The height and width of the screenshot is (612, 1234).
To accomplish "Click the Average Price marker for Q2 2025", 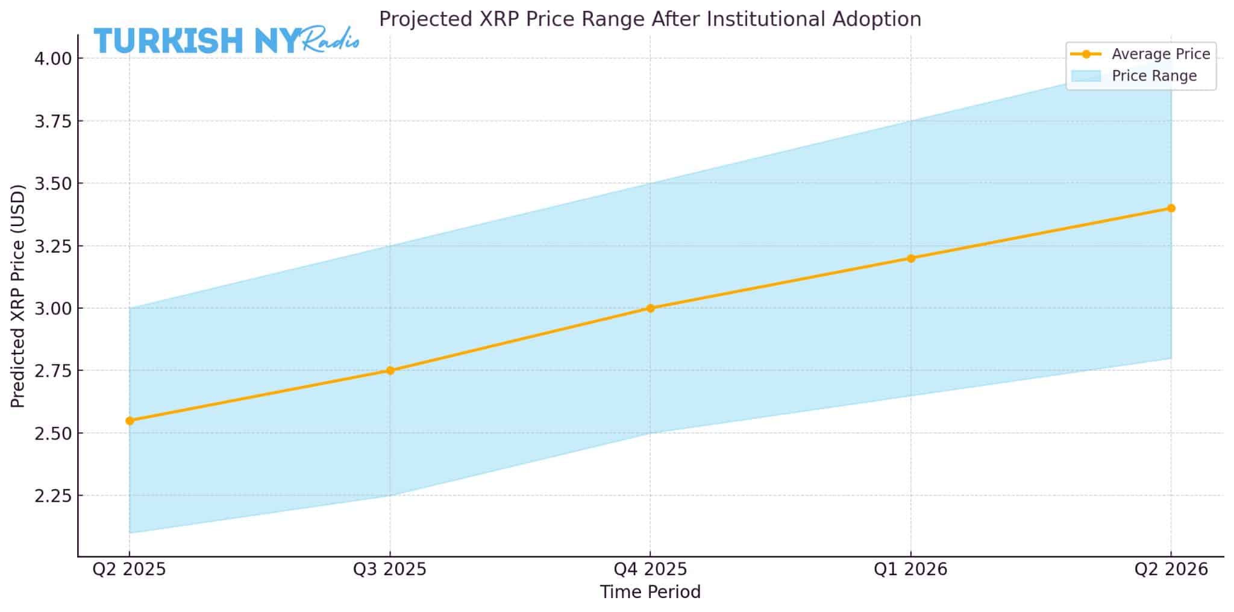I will pos(130,420).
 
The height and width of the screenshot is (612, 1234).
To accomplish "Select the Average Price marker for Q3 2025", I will pos(390,370).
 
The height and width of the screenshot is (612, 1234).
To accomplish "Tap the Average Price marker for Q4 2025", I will pos(650,308).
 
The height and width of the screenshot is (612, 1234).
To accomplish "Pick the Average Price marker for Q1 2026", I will pos(910,258).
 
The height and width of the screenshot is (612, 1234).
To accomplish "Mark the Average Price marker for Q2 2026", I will pos(1171,208).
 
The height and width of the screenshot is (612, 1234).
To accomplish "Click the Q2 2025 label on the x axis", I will pos(129,569).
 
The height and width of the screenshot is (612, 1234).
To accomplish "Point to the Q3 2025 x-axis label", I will pos(389,569).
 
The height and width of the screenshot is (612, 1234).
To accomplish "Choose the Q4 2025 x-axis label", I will pos(650,569).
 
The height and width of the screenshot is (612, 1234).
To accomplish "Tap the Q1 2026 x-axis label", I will pos(910,569).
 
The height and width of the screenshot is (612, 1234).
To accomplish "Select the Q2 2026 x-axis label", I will pos(1171,569).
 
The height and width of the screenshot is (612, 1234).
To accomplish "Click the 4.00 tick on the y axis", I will pos(53,58).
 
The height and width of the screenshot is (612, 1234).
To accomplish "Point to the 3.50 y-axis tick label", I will pos(53,183).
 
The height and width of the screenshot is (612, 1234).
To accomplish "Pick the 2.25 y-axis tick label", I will pos(53,496).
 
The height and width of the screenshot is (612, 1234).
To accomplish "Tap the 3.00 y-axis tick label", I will pos(53,308).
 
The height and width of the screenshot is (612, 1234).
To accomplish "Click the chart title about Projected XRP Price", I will pos(650,19).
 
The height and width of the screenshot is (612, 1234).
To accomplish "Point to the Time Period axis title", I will pos(650,592).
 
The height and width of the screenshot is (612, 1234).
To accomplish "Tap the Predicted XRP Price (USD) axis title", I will pos(18,296).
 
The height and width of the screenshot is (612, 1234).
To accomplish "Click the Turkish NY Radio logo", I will pos(226,40).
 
